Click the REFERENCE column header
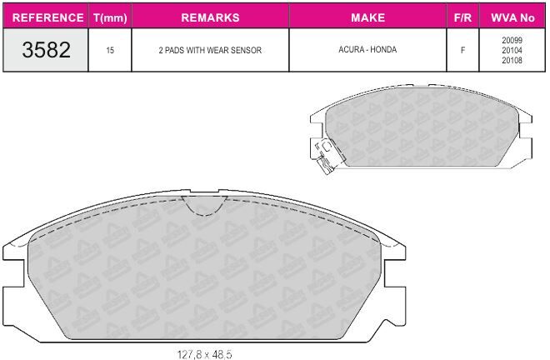click(47, 17)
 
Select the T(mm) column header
click(110, 17)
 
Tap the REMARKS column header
click(210, 17)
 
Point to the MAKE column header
click(368, 17)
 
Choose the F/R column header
click(462, 17)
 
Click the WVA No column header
click(512, 17)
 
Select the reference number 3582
click(47, 49)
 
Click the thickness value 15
click(110, 51)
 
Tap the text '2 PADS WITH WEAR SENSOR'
click(210, 50)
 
